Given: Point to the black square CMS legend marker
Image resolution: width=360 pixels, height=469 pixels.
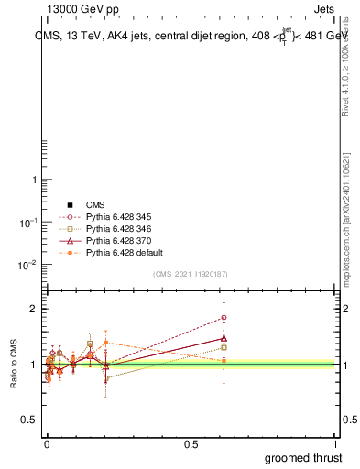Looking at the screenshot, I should (68, 204).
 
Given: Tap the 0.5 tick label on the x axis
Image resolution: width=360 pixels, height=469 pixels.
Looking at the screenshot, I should (191, 445).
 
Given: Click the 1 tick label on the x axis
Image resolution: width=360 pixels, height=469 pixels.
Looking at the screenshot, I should (336, 445).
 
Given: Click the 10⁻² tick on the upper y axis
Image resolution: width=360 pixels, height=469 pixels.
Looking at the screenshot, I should (27, 265).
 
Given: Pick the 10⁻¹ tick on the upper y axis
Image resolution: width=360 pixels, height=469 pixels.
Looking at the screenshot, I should (27, 223).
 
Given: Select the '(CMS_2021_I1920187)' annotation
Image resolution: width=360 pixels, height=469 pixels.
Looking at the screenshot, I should (191, 274).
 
